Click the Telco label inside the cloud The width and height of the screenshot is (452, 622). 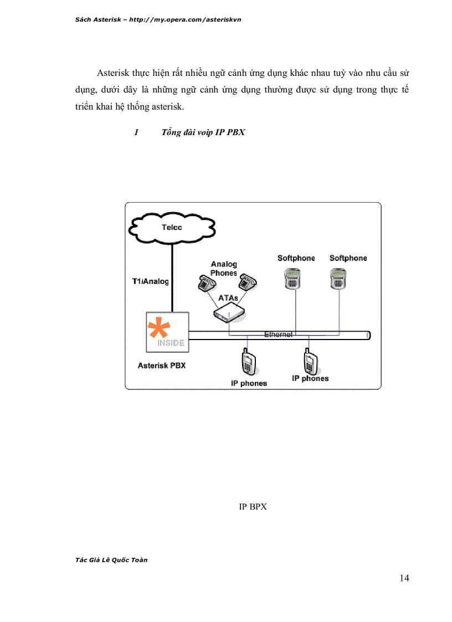click(x=172, y=227)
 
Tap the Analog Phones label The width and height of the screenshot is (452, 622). click(x=224, y=269)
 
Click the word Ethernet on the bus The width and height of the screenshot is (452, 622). click(x=278, y=335)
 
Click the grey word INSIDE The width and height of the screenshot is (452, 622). click(x=171, y=343)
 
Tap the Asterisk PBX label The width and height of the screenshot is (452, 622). click(x=162, y=366)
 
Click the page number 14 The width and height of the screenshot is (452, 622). click(x=404, y=578)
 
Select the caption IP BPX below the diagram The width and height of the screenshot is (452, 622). click(x=253, y=506)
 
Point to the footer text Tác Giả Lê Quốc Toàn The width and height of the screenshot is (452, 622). click(x=111, y=560)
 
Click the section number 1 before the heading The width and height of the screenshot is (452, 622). click(x=136, y=132)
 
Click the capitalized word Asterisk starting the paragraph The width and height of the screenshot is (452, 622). click(x=114, y=73)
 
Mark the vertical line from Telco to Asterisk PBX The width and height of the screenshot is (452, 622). click(x=172, y=277)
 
